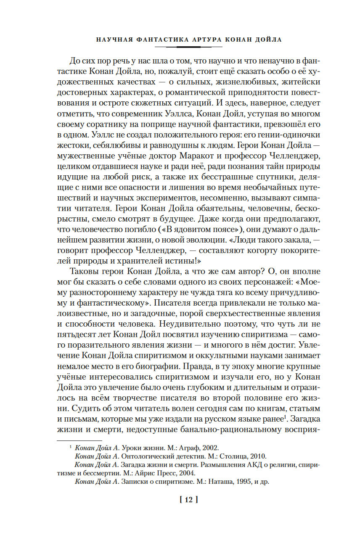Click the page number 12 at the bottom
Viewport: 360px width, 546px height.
(x=188, y=500)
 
